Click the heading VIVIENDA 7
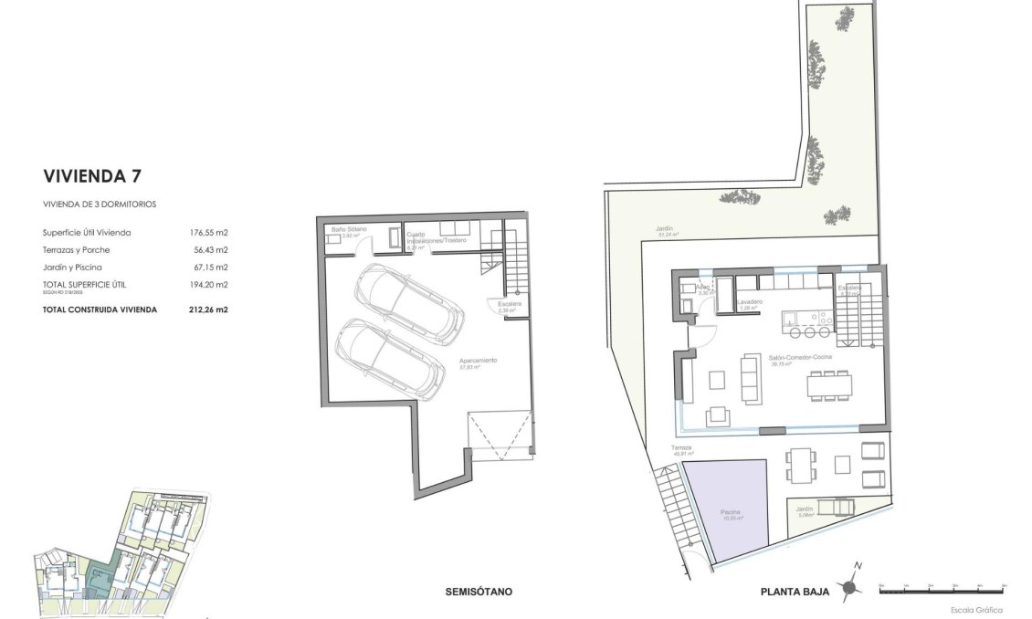pyautogui.click(x=91, y=175)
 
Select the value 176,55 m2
pyautogui.click(x=207, y=232)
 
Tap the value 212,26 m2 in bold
pyautogui.click(x=207, y=309)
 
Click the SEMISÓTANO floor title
pyautogui.click(x=479, y=592)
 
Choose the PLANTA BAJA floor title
pyautogui.click(x=794, y=592)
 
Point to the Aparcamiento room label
pyautogui.click(x=478, y=361)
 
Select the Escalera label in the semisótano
pyautogui.click(x=509, y=304)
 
